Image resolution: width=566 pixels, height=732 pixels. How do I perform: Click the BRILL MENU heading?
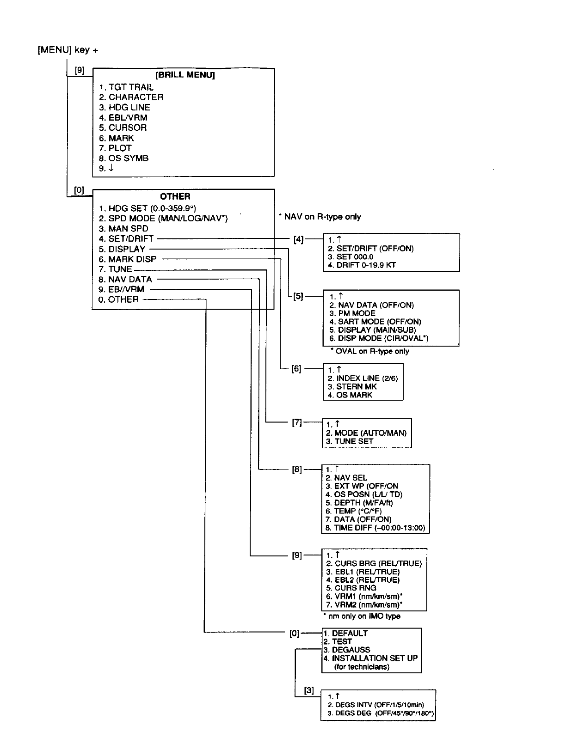185,75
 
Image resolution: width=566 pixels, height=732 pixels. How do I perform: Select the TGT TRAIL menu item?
126,87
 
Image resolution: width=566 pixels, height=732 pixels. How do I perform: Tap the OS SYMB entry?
124,158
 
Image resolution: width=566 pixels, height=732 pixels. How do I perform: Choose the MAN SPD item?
123,229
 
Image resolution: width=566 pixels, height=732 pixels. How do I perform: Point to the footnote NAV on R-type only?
320,217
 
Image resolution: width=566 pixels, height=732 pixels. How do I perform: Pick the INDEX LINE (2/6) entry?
363,378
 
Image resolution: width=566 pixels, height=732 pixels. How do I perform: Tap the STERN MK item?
352,386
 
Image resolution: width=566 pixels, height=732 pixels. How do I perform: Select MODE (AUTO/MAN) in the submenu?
366,433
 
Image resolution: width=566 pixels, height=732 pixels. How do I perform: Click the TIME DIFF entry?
375,528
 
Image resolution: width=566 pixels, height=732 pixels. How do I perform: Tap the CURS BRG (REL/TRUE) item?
374,563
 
